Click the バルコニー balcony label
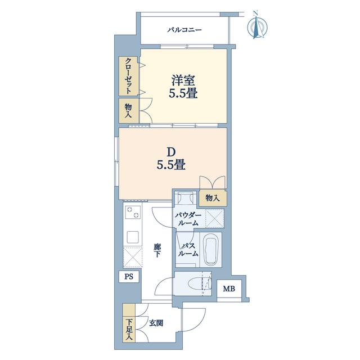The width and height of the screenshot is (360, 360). (x=184, y=30)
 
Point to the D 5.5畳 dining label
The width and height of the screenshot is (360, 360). (x=171, y=158)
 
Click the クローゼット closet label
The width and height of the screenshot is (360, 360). (x=129, y=76)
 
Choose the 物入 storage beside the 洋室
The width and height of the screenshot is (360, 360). (x=129, y=111)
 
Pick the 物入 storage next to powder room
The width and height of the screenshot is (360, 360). (x=213, y=197)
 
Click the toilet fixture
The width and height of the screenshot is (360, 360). (x=199, y=283)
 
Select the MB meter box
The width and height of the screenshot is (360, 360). (x=229, y=289)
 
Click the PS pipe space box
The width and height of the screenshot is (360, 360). (x=129, y=276)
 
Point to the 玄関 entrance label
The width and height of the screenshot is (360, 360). (x=156, y=323)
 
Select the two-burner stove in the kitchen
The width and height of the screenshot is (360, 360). (x=133, y=213)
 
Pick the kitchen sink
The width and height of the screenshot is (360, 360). (x=133, y=237)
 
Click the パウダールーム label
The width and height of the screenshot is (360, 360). (x=188, y=219)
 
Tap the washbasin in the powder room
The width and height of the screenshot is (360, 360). (x=185, y=197)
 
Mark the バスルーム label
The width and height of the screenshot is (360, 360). (x=188, y=250)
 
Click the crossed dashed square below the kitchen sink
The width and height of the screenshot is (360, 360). (x=133, y=257)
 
